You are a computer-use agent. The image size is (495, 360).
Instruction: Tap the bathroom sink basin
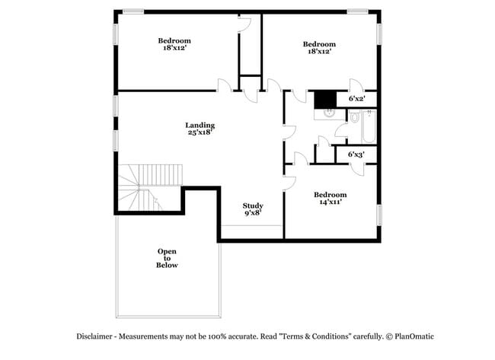[x=327, y=113]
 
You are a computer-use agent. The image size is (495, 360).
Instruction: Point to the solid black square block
[x=325, y=99]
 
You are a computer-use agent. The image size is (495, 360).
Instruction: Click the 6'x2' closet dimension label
[x=356, y=99]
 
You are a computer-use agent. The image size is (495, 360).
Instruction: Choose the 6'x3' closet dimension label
[x=356, y=155]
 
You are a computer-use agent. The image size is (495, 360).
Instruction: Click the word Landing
[x=200, y=125]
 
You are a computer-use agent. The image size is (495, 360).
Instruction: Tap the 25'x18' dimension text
[x=200, y=133]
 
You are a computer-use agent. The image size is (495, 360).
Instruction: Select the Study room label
[x=253, y=205]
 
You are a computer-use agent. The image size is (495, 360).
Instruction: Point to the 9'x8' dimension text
[x=253, y=214]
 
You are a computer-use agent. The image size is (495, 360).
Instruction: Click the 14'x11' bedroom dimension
[x=330, y=202]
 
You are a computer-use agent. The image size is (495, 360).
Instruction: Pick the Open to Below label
[x=168, y=258]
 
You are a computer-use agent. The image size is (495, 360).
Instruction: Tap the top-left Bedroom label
[x=174, y=40]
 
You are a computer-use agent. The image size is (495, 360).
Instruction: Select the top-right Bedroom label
[x=319, y=44]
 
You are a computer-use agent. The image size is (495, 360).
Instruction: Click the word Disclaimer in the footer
[x=96, y=336]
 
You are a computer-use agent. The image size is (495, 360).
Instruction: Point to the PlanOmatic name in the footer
[x=414, y=336]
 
